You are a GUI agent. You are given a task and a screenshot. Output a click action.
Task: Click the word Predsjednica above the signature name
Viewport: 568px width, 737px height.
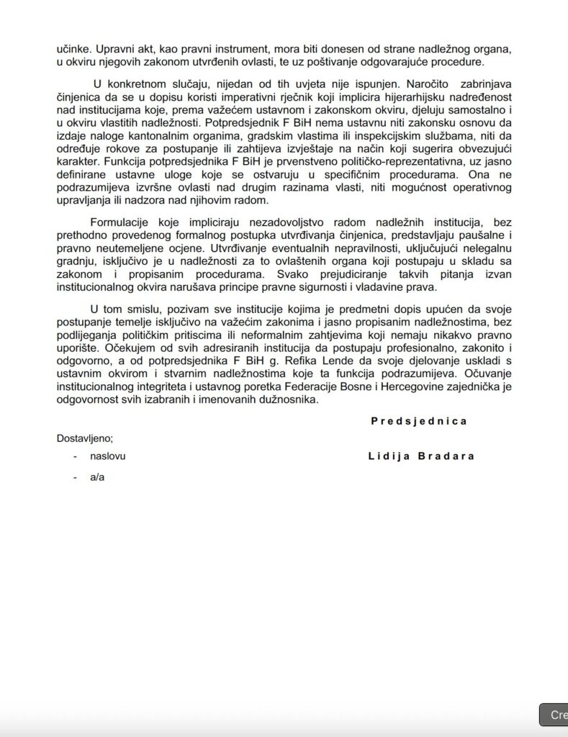(x=419, y=421)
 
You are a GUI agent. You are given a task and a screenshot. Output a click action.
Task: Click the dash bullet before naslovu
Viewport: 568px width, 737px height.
(x=75, y=456)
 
